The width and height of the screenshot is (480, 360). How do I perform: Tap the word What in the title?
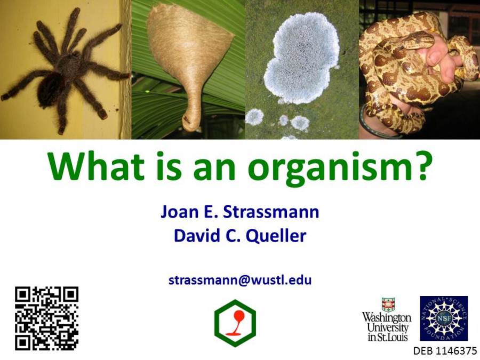pyautogui.click(x=95, y=166)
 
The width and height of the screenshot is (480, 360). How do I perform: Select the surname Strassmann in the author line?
pyautogui.click(x=271, y=212)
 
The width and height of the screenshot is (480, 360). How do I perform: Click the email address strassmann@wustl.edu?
pyautogui.click(x=240, y=280)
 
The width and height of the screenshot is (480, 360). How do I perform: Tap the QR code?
pyautogui.click(x=46, y=318)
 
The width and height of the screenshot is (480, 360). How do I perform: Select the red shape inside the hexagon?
pyautogui.click(x=236, y=323)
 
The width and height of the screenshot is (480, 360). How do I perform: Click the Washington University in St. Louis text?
pyautogui.click(x=387, y=327)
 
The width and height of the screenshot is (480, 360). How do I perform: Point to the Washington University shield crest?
pyautogui.click(x=388, y=305)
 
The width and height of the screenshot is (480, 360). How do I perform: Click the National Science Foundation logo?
pyautogui.click(x=444, y=318)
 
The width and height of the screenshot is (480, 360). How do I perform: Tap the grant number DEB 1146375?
pyautogui.click(x=445, y=351)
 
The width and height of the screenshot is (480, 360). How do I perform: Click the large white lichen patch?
pyautogui.click(x=301, y=58)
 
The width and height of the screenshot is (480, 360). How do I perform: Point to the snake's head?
pyautogui.click(x=419, y=40)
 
